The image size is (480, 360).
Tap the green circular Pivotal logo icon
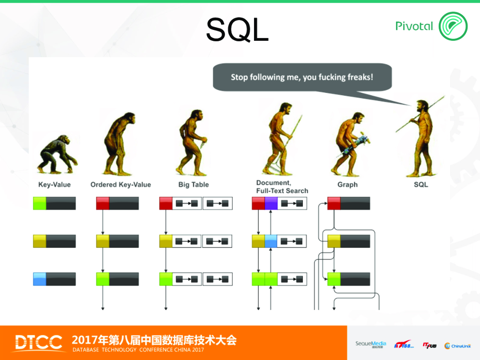coord(453,26)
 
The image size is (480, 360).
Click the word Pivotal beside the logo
coord(414,26)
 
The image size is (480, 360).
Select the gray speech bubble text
coord(302,77)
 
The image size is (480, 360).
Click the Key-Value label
coord(54,185)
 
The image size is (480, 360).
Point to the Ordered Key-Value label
coord(120,185)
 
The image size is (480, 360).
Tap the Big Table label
coord(194,185)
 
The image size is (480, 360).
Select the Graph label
coord(347,185)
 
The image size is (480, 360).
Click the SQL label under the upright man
coord(420,185)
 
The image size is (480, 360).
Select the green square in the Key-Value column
coord(39,203)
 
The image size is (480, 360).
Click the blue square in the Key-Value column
coord(39,279)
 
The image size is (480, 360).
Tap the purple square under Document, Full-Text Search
coord(271,203)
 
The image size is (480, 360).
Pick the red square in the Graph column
coord(334,203)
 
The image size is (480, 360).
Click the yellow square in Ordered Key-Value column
coord(103,241)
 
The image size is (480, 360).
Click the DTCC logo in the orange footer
coord(38,343)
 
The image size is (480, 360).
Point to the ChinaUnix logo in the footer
coord(457,345)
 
